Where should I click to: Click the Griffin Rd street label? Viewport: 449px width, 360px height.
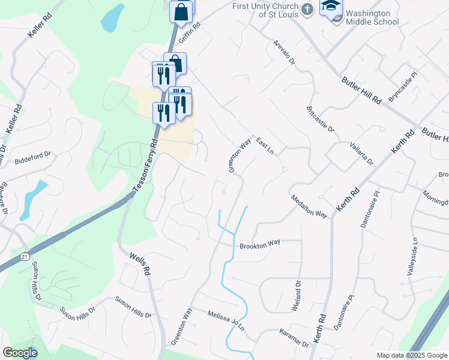coord(187,27)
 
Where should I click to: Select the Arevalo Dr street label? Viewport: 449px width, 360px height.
coord(284,53)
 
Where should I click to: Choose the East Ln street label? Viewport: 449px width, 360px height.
coord(264,145)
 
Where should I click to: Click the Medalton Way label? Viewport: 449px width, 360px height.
coord(309,206)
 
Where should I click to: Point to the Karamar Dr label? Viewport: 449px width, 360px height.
coord(294,337)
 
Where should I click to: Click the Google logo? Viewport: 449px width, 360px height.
coord(19,352)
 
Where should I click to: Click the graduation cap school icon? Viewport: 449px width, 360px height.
coord(331,5)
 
